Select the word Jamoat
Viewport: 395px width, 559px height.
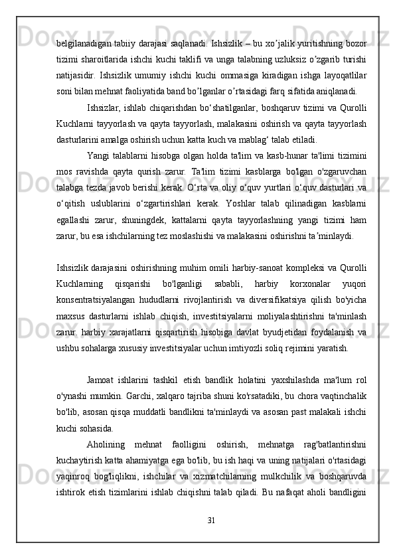pyautogui.click(x=102, y=379)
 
